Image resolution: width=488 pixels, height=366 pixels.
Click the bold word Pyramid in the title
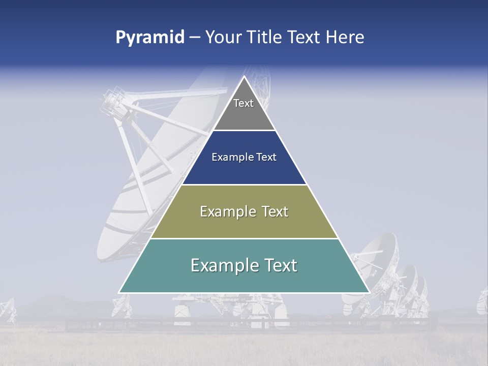coord(150,38)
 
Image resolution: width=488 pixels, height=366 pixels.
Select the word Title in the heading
coord(264,38)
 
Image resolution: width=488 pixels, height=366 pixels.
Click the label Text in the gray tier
coord(243,103)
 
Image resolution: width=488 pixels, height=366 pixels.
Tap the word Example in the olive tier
coord(223,211)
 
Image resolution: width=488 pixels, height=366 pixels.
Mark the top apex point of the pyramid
coord(244,77)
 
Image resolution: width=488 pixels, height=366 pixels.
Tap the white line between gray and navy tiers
coord(244,131)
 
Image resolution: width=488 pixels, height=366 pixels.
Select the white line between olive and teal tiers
coord(244,238)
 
